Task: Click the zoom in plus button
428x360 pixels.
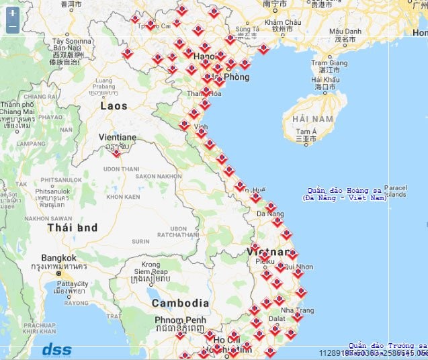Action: [13, 13]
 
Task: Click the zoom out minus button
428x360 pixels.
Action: [13, 27]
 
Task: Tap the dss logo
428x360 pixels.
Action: [56, 349]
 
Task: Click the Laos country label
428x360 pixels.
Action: [114, 105]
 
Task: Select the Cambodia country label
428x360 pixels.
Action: [180, 303]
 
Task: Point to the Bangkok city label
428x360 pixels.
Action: [58, 258]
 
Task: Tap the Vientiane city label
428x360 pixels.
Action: [118, 137]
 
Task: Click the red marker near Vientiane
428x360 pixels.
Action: [116, 152]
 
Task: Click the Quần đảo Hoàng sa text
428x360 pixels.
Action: [343, 191]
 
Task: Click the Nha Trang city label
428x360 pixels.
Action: [296, 310]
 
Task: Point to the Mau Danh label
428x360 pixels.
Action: [345, 32]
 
